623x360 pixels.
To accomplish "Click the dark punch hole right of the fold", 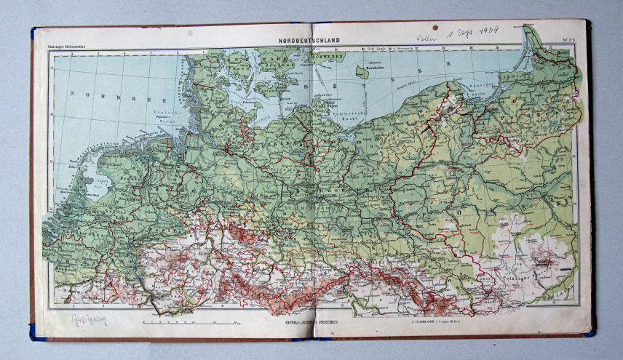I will [x=434, y=27].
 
